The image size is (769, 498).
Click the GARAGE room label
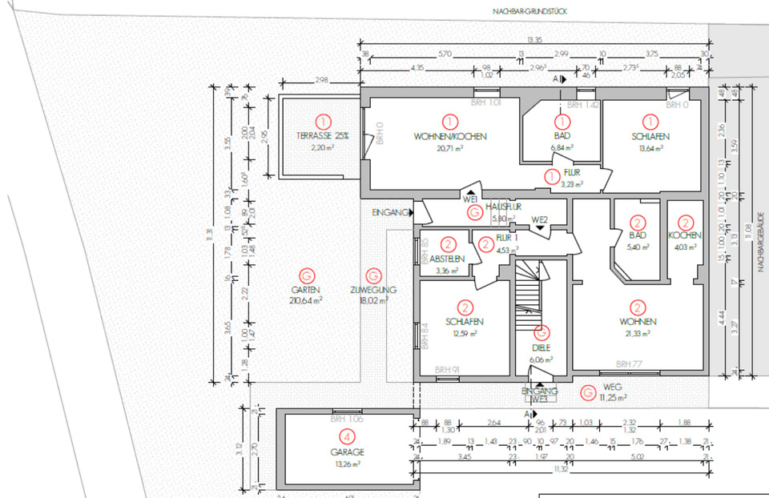(x=346, y=452)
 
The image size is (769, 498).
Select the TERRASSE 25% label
(x=322, y=135)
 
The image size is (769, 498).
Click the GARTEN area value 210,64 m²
(x=306, y=301)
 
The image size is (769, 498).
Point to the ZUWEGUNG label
(x=374, y=290)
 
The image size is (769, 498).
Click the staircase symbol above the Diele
(x=529, y=288)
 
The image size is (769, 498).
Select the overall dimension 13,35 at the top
(x=534, y=39)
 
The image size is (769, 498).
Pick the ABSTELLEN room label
(x=447, y=259)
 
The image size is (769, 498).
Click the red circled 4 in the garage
(x=346, y=437)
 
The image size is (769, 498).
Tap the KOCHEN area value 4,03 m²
(x=685, y=247)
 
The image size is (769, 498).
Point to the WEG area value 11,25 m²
(x=613, y=397)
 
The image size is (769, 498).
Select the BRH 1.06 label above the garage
(x=347, y=419)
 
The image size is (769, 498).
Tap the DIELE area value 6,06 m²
(x=542, y=360)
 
